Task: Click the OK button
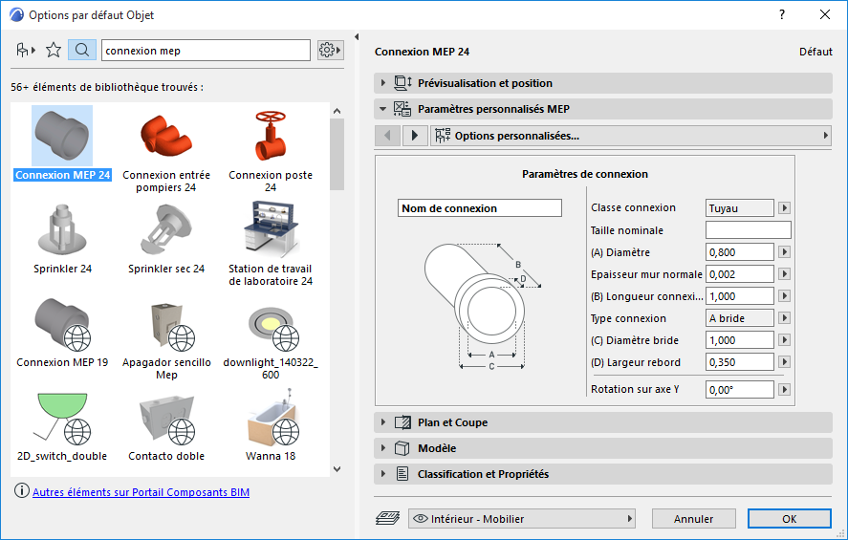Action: click(x=789, y=519)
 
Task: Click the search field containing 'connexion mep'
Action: click(x=206, y=50)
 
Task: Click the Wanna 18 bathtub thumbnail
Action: click(x=271, y=418)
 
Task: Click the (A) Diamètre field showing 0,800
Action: click(x=739, y=252)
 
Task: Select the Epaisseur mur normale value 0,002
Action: click(x=739, y=274)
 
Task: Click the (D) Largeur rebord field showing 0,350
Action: click(x=739, y=362)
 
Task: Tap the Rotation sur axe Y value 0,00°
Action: click(x=739, y=389)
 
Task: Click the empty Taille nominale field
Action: click(x=748, y=230)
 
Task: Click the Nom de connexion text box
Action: click(x=479, y=208)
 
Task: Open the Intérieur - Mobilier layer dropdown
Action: click(x=522, y=519)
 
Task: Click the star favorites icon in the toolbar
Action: click(x=54, y=50)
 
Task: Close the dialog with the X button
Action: click(x=824, y=14)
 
